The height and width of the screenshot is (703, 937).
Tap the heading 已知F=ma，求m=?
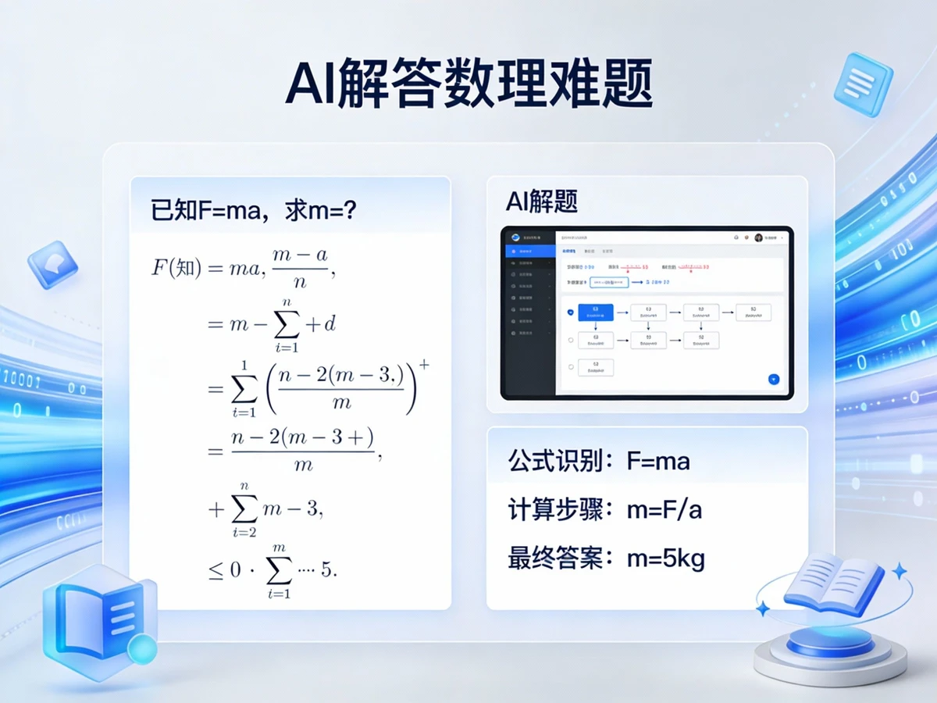point(254,209)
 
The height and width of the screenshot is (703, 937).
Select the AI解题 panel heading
point(541,202)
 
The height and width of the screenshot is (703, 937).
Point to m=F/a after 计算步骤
point(664,510)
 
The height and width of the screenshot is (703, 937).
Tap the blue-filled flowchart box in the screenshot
point(596,312)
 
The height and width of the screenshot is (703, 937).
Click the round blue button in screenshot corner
point(774,379)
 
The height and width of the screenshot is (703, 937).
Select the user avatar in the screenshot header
point(758,237)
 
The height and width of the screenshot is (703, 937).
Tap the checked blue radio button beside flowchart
point(571,312)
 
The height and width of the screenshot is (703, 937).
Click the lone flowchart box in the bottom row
point(596,367)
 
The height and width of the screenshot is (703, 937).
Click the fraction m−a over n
point(300,268)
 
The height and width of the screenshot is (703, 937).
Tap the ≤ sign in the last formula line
point(215,570)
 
